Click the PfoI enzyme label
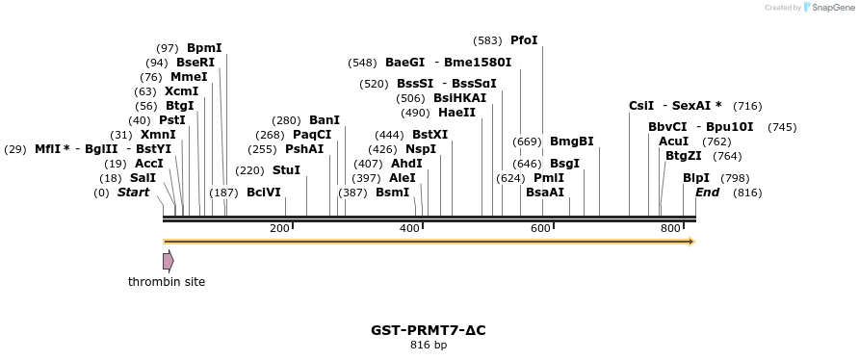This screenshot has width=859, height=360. (x=524, y=40)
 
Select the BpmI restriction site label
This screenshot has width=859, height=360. (x=204, y=47)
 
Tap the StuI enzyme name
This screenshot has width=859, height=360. (x=286, y=170)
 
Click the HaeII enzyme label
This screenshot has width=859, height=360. (x=456, y=113)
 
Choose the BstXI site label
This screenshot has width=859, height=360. (x=429, y=135)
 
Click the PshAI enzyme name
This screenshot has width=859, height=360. (x=304, y=149)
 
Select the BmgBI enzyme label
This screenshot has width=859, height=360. (x=571, y=141)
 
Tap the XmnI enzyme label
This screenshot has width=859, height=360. (x=158, y=135)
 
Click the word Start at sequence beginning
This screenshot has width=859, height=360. (x=133, y=193)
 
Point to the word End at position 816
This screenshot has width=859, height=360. (x=707, y=193)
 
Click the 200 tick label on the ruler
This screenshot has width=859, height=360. (x=279, y=228)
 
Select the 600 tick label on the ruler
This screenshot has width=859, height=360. (x=540, y=228)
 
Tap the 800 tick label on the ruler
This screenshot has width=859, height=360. (x=670, y=228)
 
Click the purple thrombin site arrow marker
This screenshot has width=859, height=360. (x=168, y=261)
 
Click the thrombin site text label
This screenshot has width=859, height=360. (x=167, y=282)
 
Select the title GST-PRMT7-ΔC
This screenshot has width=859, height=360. (x=429, y=330)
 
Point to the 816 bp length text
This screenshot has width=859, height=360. (x=429, y=345)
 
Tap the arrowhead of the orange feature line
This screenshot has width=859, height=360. (x=690, y=241)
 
